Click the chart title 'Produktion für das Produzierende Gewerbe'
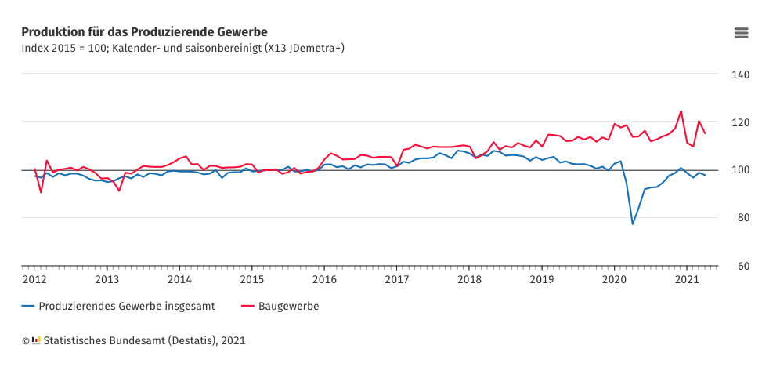pos(144,32)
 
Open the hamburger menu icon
pos(741,32)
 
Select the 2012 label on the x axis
pos(34,279)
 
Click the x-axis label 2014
pos(179,279)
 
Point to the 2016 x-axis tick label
pos(324,279)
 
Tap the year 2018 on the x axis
pos(469,279)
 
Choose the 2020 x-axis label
pos(614,279)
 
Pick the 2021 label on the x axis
pos(686,279)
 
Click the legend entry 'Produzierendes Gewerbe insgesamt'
pos(126,306)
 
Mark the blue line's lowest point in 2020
pos(633,224)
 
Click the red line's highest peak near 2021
pos(681,111)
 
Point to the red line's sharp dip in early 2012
pos(41,192)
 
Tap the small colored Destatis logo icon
pos(36,340)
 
